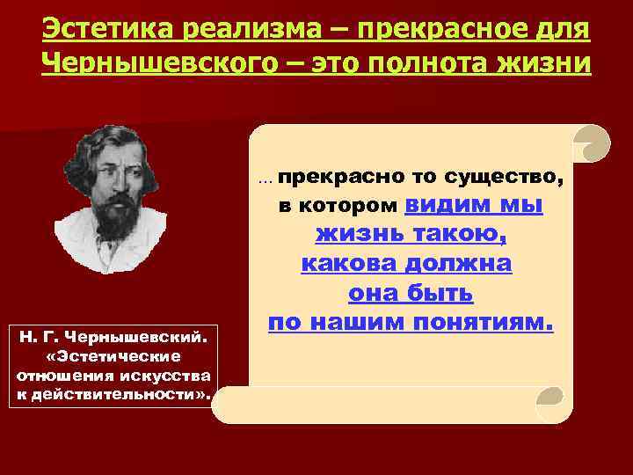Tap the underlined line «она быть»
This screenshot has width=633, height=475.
(x=410, y=293)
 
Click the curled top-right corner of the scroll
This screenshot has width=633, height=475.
(x=590, y=140)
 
